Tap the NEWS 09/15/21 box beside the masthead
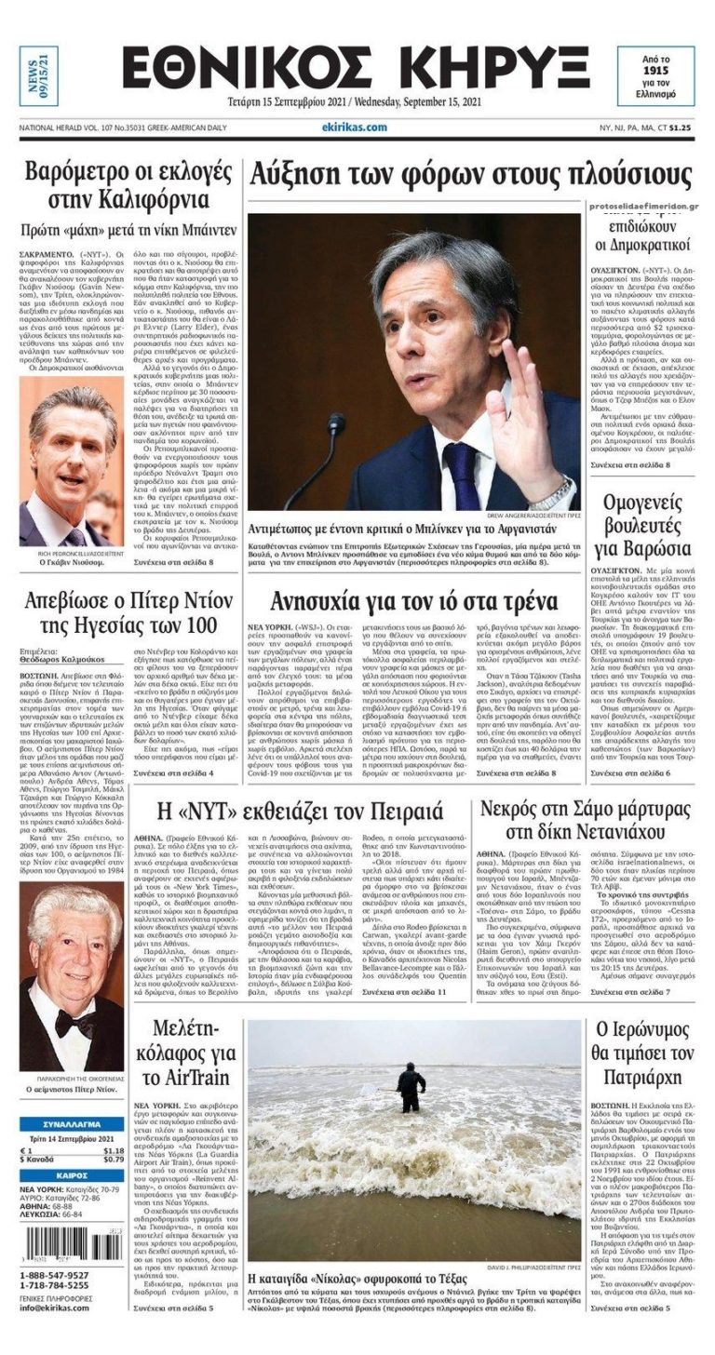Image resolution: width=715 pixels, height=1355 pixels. pyautogui.click(x=38, y=75)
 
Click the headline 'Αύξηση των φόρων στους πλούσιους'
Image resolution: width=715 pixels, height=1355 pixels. pyautogui.click(x=457, y=175)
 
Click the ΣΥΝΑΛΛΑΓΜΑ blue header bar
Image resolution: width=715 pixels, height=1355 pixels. pyautogui.click(x=72, y=1124)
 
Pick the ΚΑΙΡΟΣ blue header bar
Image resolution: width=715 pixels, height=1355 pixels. pyautogui.click(x=72, y=1175)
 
